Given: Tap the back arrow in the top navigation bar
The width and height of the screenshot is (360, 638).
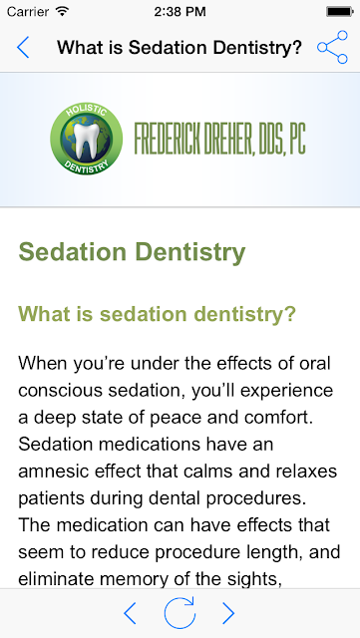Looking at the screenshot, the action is pos(23,47).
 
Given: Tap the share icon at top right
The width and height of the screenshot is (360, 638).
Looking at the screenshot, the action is pos(332,47).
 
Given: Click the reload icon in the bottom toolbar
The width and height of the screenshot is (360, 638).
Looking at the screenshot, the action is pos(180,613).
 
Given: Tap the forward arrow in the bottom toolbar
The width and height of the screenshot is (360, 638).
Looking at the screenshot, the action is pos(228,613).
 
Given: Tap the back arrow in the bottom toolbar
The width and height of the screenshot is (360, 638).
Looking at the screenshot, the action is pos(130,613).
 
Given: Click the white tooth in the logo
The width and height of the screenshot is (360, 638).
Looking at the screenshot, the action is pos(86,144).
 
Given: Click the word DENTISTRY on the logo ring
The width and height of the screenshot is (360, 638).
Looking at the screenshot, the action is pos(87,166).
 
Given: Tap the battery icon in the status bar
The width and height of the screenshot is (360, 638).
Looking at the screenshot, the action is pos(340,12).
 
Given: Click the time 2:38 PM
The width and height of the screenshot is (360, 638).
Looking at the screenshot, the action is pos(180,12).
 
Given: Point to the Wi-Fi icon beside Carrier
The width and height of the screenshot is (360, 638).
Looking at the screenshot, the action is pos(62,11).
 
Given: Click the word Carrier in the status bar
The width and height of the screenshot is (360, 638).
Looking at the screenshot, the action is pos(28,12).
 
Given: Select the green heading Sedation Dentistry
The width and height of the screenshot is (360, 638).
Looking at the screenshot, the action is pos(132,252).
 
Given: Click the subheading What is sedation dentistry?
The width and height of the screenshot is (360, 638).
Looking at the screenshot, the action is pos(157,314).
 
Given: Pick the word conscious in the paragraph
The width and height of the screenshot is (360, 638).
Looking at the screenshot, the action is pos(60,391).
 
